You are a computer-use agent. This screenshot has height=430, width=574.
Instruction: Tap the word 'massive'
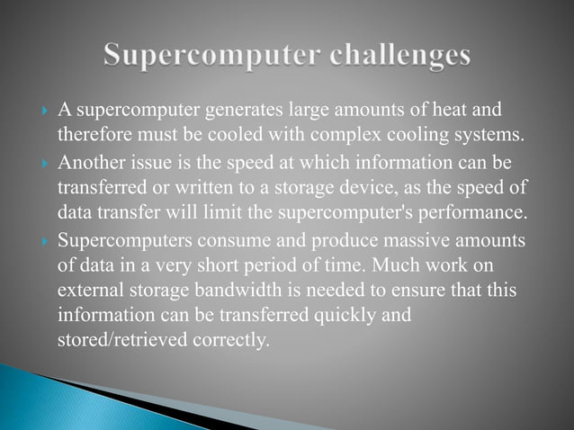click(x=392, y=243)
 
